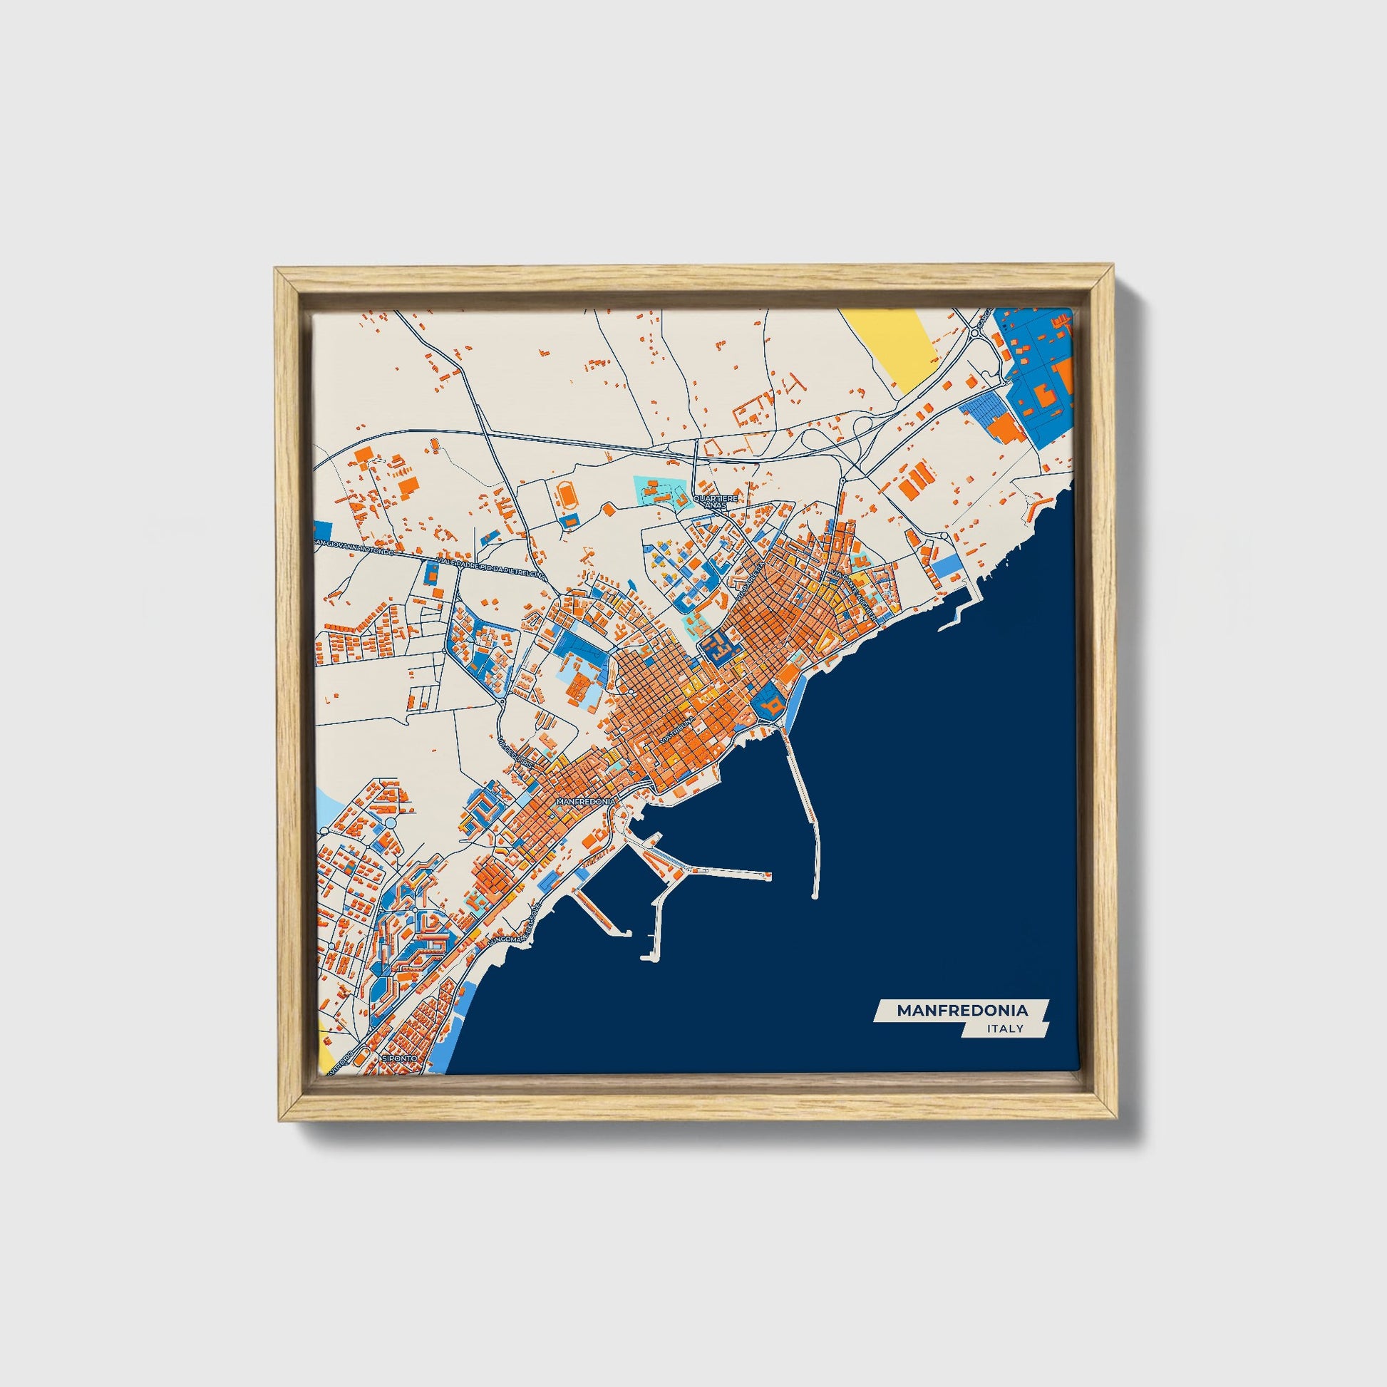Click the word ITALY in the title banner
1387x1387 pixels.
[x=1004, y=1028]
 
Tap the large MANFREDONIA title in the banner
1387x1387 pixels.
[x=962, y=1010]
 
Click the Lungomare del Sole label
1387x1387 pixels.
[x=512, y=929]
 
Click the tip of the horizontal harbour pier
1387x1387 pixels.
[x=769, y=875]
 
